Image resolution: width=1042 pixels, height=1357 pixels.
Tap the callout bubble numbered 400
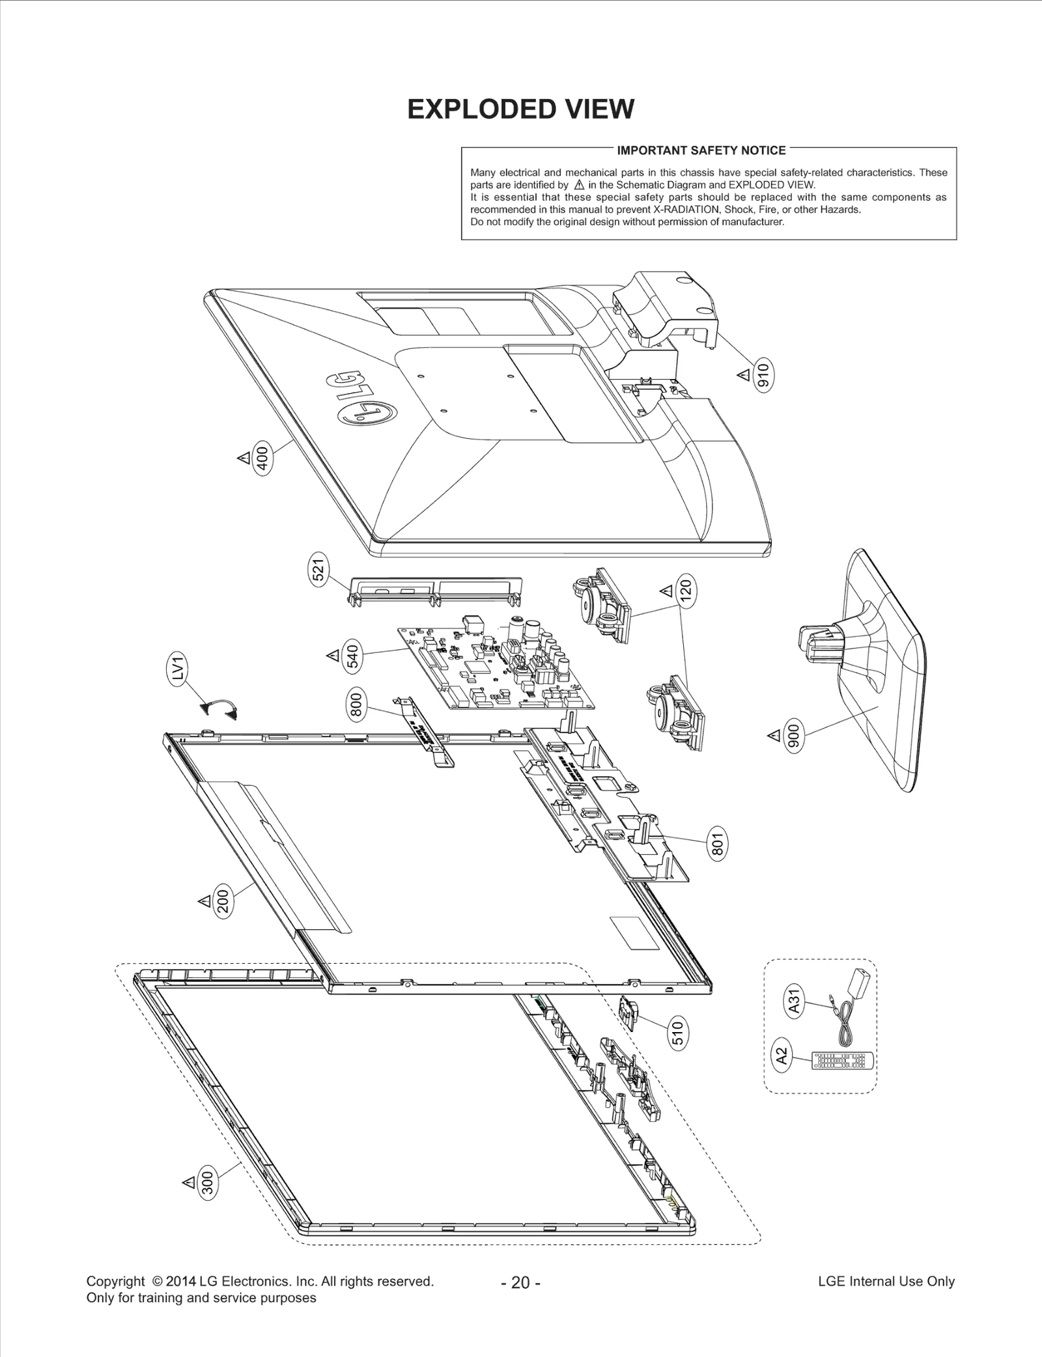pyautogui.click(x=262, y=459)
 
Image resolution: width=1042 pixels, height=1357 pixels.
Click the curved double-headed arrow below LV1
pyautogui.click(x=219, y=708)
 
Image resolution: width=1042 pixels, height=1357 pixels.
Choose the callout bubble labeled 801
pyautogui.click(x=717, y=846)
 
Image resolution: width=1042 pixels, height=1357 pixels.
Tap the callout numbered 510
pyautogui.click(x=677, y=1034)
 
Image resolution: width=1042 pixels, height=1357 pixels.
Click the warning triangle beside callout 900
pyautogui.click(x=774, y=736)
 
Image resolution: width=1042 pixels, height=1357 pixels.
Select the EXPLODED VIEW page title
pyautogui.click(x=520, y=109)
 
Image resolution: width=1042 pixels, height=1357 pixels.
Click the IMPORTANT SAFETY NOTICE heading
pyautogui.click(x=701, y=150)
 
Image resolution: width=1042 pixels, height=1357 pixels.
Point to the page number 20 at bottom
pyautogui.click(x=520, y=1282)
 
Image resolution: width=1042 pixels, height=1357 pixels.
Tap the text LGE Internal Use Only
pyautogui.click(x=886, y=1281)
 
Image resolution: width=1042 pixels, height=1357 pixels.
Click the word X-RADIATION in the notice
pyautogui.click(x=686, y=210)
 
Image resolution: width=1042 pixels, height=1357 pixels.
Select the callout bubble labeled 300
pyautogui.click(x=208, y=1199)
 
